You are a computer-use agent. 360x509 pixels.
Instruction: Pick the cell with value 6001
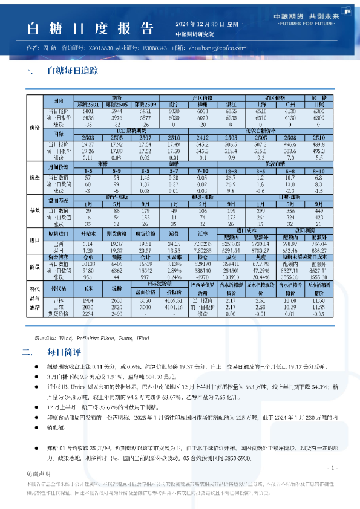(88, 112)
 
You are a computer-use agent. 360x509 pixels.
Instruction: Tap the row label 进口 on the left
(34, 240)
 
